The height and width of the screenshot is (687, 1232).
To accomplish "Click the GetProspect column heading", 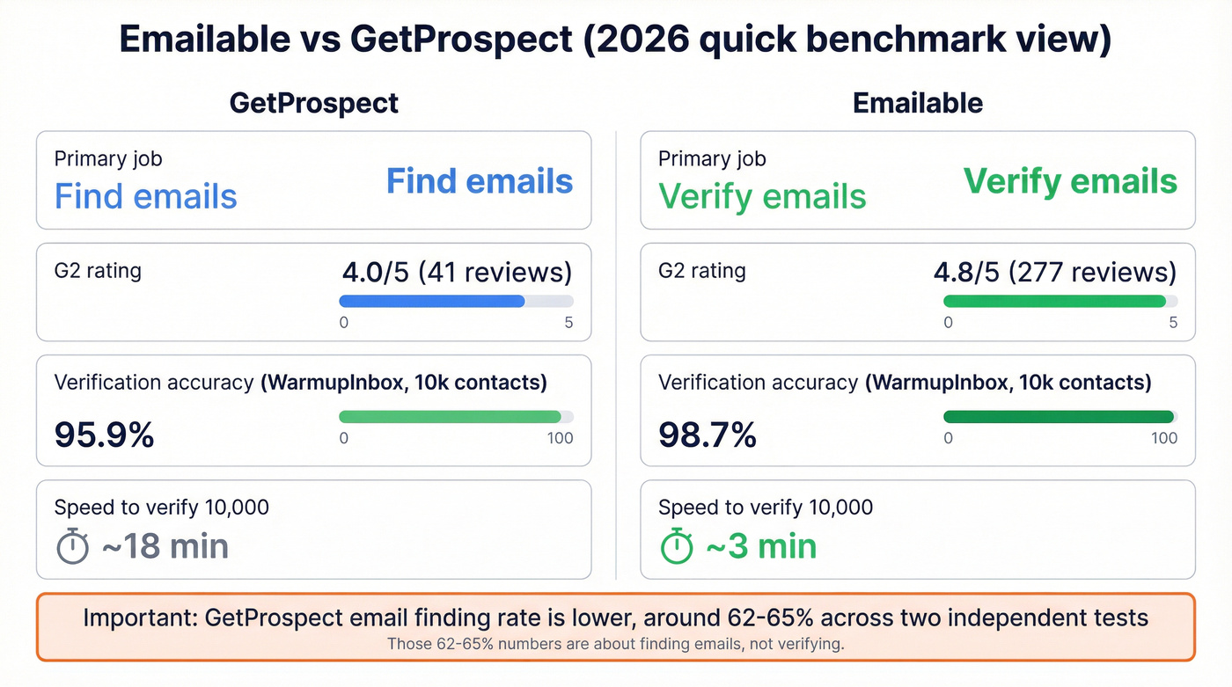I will click(313, 103).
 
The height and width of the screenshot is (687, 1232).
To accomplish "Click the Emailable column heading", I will click(918, 103).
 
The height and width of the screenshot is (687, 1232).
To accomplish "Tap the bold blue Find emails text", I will click(480, 181).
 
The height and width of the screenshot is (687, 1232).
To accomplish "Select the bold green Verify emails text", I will click(1070, 181).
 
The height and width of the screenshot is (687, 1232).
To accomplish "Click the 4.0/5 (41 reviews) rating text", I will click(456, 272).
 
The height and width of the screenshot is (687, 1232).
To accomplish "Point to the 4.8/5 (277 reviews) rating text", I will click(1054, 272).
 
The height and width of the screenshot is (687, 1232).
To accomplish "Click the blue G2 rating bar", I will click(432, 301).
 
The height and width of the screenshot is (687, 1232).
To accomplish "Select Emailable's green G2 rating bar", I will click(1054, 301).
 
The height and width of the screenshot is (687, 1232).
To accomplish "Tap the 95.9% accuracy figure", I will click(104, 435).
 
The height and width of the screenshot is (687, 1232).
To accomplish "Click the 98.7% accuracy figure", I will click(708, 435).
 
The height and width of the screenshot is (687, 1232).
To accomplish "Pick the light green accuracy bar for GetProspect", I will click(450, 416).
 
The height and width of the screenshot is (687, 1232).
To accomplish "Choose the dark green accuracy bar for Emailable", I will click(1059, 416).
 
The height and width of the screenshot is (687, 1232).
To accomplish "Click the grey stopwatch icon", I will click(73, 546).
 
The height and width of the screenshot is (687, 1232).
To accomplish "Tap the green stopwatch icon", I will click(677, 546).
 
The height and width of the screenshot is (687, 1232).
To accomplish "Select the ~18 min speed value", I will click(165, 546).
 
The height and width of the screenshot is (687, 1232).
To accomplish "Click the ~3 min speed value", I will click(761, 546).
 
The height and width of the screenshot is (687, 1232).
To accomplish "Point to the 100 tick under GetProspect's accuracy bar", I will click(560, 438).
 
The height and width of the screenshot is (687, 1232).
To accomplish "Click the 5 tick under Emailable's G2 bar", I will click(1173, 323).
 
